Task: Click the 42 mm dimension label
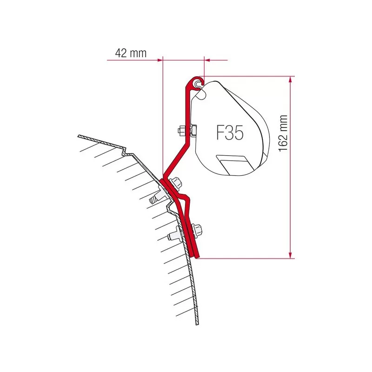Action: [131, 53]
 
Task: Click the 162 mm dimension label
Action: [283, 133]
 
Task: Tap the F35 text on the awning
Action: [230, 133]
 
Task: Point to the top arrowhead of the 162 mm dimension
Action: [290, 79]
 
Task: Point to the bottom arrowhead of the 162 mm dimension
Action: [290, 255]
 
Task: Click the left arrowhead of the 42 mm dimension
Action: [159, 60]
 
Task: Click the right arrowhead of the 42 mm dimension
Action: [207, 60]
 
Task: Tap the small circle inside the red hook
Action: [197, 83]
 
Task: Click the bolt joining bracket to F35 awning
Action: [187, 130]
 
